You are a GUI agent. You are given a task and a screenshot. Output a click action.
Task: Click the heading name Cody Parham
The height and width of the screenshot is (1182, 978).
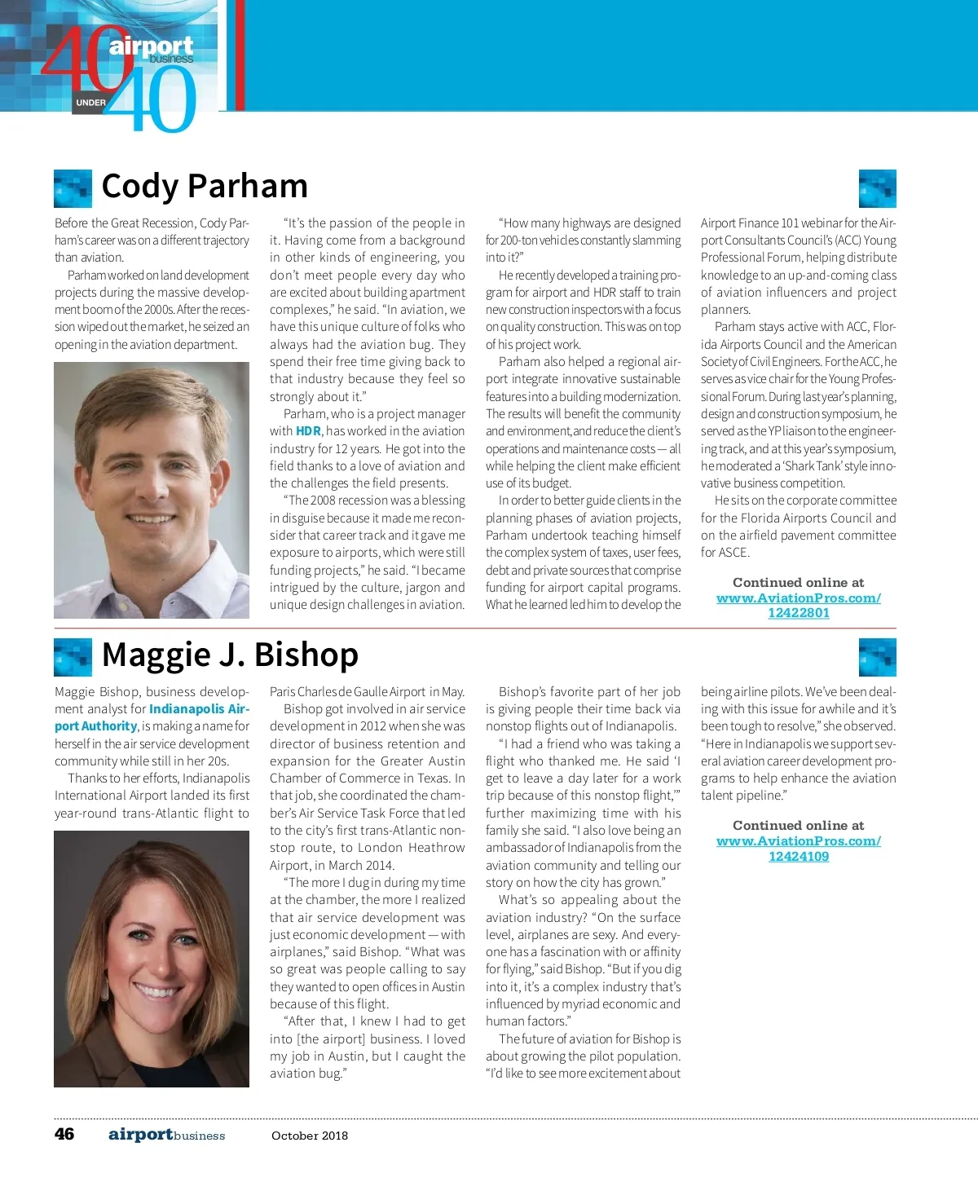205,187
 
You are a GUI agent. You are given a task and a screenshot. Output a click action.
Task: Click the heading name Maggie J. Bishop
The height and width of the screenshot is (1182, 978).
230,655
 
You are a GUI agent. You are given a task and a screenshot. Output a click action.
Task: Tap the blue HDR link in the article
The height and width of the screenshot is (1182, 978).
308,431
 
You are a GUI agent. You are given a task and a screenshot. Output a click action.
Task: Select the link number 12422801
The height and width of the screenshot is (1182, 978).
798,613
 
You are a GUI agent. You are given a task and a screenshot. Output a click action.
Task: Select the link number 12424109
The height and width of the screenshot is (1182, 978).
798,856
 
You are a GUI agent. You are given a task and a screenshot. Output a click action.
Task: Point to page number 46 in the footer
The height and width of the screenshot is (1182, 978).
64,1135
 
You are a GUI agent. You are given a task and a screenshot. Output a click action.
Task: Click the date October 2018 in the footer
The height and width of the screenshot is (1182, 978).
310,1136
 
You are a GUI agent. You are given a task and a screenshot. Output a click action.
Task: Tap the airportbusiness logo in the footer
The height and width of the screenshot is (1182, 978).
166,1135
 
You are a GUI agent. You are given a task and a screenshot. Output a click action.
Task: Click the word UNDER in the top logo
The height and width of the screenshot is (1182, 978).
90,103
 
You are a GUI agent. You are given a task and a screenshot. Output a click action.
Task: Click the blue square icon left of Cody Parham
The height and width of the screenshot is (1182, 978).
73,188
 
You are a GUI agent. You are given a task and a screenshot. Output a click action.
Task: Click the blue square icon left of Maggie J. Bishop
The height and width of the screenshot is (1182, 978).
73,657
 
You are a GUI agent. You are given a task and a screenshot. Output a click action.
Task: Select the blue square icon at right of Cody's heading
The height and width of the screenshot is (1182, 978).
878,188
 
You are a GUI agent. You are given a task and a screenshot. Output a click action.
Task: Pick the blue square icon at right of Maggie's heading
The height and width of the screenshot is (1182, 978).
878,657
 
